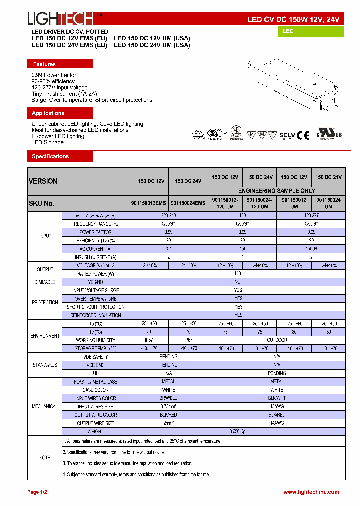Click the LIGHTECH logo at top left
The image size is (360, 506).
61,19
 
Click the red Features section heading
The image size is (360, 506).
60,64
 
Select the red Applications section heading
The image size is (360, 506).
60,113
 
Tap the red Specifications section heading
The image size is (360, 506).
60,157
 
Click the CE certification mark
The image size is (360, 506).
303,135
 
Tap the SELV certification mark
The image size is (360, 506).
287,135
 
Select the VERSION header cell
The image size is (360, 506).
78,181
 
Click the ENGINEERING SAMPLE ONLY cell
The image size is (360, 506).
276,191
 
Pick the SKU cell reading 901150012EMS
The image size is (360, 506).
149,203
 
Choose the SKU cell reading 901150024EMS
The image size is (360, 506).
188,203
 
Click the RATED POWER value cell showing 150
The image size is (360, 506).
237,274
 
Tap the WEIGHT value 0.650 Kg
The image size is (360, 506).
237,431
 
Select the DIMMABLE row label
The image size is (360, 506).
45,282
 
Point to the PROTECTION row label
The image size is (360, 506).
45,303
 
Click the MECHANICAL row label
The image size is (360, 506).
45,407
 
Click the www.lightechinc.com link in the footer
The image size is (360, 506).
311,492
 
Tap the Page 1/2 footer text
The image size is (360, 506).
37,492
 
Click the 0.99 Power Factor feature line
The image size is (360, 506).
54,75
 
